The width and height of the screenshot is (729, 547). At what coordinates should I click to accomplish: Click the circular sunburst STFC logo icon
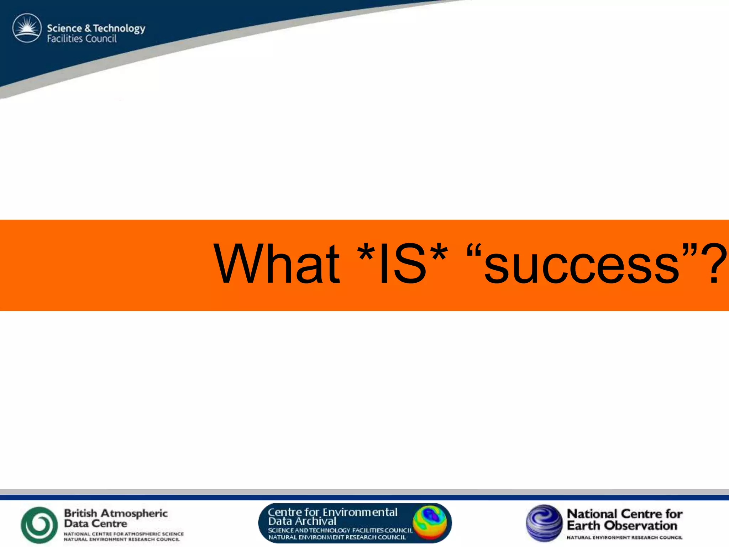click(27, 28)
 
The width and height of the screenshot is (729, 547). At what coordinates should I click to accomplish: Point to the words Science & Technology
click(96, 28)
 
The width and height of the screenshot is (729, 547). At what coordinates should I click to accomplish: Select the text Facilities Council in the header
click(82, 39)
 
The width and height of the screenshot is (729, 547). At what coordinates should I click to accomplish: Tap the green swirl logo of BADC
click(39, 525)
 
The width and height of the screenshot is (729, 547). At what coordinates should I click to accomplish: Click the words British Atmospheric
click(116, 513)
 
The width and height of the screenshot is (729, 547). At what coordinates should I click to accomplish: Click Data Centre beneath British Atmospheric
click(95, 523)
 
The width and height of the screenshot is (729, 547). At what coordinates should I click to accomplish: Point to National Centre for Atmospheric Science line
click(124, 534)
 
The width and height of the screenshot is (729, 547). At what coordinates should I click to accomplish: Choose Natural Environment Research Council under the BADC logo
click(122, 540)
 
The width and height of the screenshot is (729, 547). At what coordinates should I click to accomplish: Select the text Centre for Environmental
click(332, 512)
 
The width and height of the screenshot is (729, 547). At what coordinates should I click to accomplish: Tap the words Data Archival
click(302, 521)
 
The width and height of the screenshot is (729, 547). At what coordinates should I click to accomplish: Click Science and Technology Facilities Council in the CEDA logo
click(340, 530)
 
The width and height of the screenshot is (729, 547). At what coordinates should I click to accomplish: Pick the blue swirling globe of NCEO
click(544, 523)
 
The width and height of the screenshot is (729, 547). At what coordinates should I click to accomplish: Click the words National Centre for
click(624, 514)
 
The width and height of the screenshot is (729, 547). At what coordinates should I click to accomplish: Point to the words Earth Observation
click(622, 526)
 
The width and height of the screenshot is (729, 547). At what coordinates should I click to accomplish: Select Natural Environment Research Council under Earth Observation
click(624, 537)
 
